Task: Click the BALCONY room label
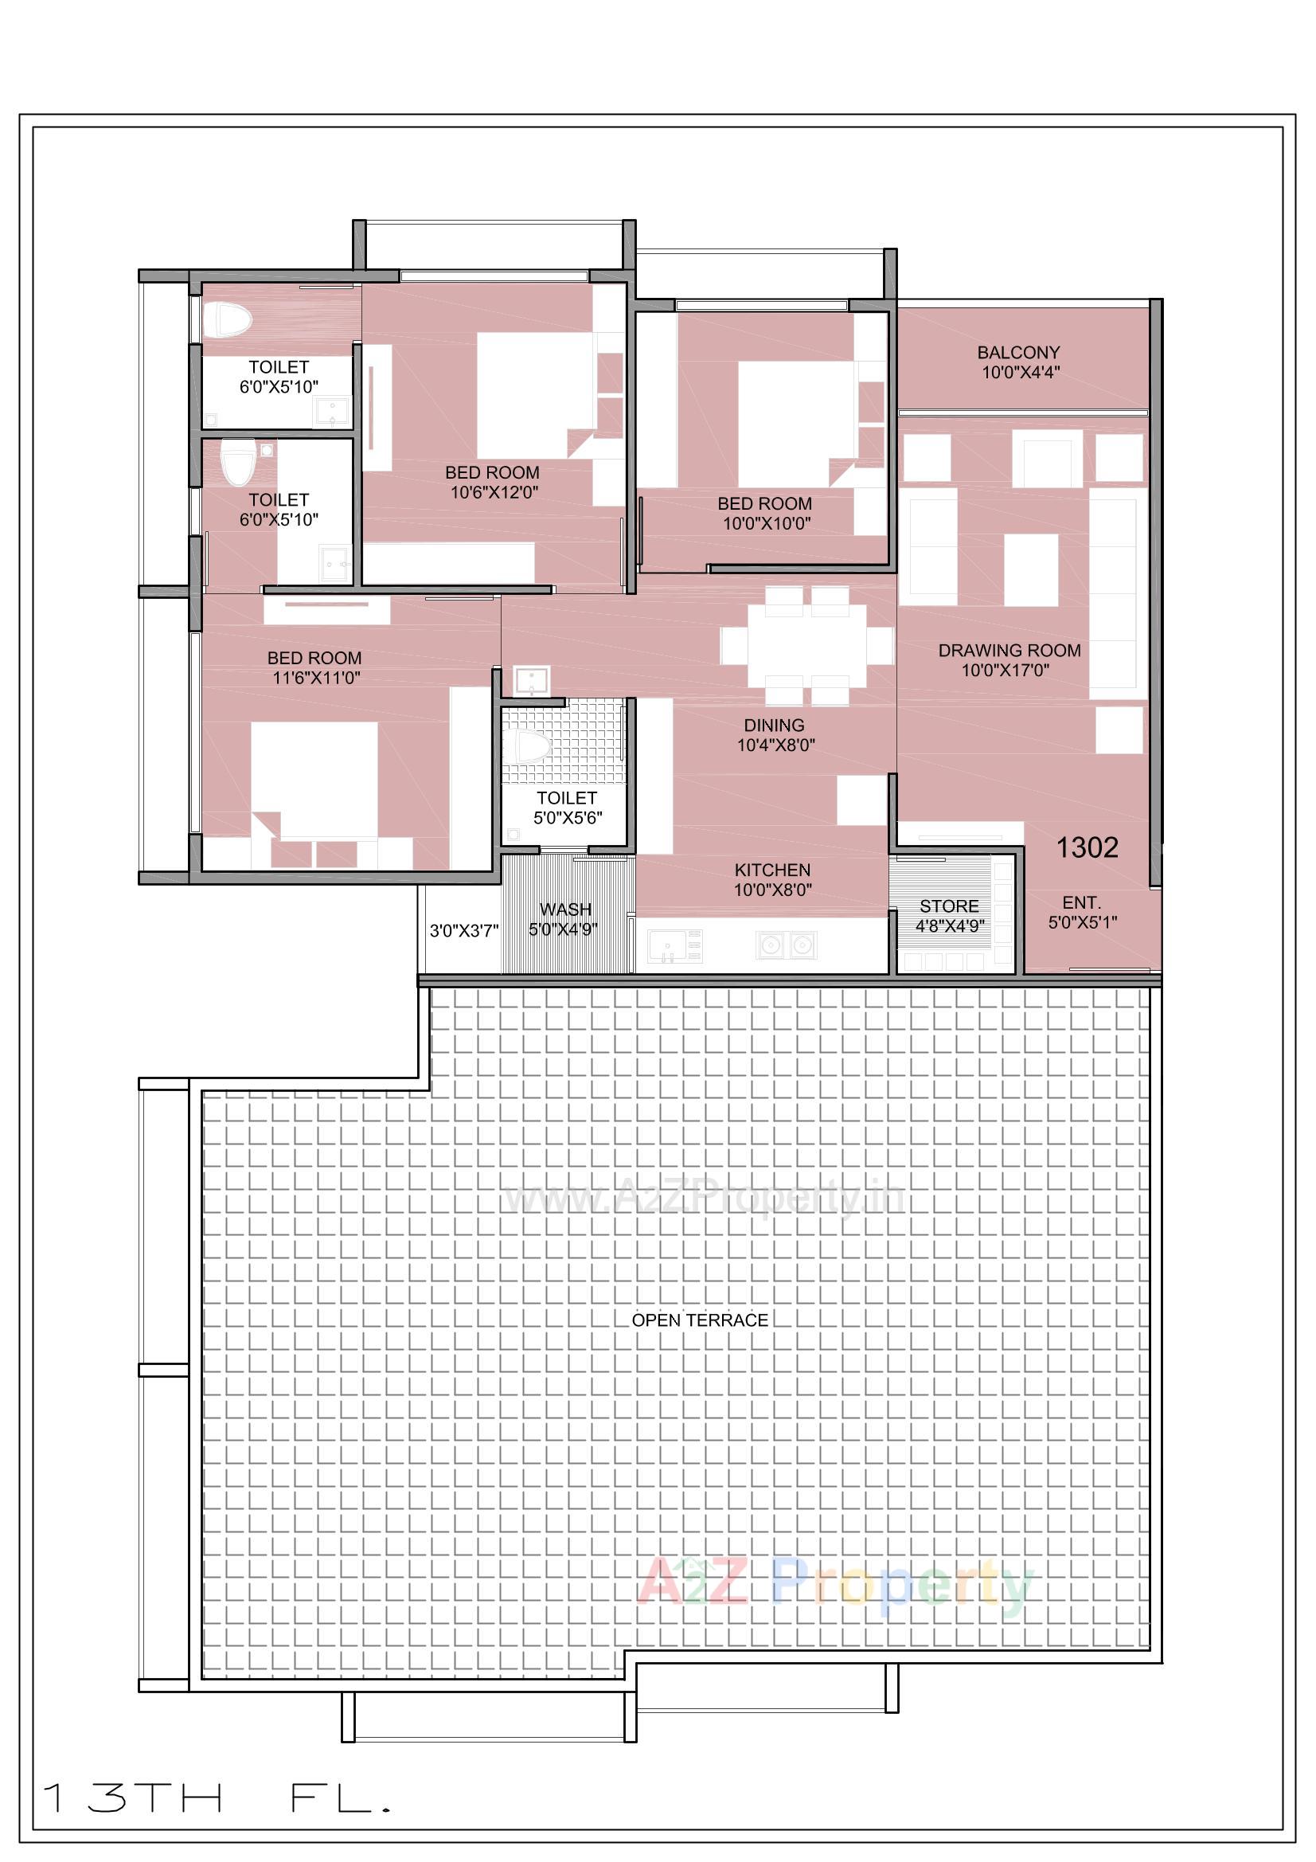pos(1017,353)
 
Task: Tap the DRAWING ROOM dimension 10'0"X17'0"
pos(1006,670)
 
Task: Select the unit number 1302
pos(1087,847)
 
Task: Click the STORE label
pos(949,906)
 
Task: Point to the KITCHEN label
pos(772,870)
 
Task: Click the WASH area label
pos(565,909)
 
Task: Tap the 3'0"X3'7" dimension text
pos(464,930)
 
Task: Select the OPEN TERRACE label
pos(700,1320)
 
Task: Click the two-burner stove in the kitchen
pos(786,945)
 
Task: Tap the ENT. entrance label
pos(1081,902)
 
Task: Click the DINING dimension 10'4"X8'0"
pos(775,745)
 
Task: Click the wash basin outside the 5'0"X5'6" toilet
pos(532,680)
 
